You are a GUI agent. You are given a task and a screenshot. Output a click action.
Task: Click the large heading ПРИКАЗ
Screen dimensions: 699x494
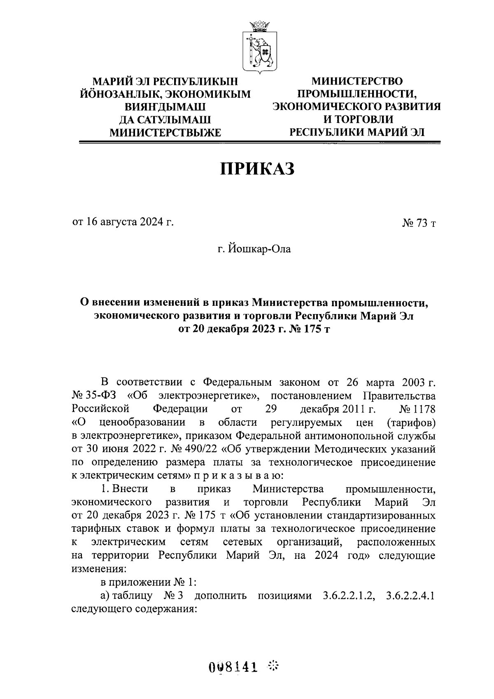coord(258,169)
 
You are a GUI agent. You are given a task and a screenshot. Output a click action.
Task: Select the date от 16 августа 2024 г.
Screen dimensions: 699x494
coord(123,223)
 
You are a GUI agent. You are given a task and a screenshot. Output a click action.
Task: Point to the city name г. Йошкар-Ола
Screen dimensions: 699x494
coord(254,249)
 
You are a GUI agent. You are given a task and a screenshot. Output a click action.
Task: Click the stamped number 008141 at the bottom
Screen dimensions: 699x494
coord(233,666)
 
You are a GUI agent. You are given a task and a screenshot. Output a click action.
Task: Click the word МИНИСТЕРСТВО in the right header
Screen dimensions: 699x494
coord(357,81)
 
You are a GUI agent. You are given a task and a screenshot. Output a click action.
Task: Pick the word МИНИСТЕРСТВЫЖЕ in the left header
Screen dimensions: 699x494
coord(165,132)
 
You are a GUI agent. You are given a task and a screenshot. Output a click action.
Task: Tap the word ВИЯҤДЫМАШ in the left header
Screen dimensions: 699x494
coord(165,107)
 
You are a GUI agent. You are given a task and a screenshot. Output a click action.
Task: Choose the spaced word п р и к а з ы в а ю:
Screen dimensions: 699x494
coord(238,475)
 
